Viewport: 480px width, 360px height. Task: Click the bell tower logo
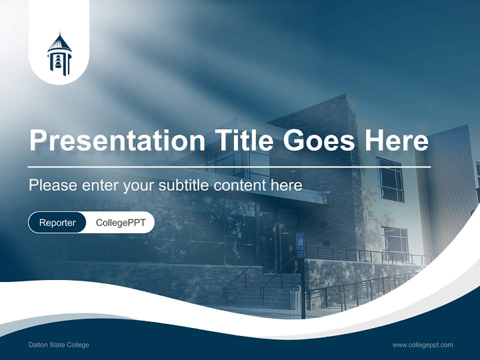click(x=59, y=54)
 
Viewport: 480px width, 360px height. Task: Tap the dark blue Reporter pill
click(x=57, y=222)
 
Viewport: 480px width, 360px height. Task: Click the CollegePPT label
click(x=120, y=222)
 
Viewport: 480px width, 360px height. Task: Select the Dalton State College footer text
click(x=59, y=345)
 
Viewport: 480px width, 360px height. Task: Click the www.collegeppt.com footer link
click(x=422, y=345)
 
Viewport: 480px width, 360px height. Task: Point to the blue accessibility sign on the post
click(x=300, y=240)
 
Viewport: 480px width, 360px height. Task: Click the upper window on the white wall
click(x=389, y=179)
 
